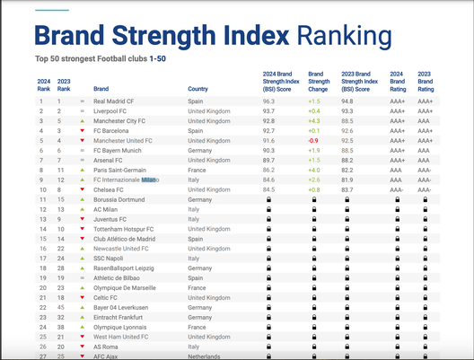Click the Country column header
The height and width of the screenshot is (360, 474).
click(x=197, y=89)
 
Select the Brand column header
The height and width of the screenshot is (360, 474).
click(x=101, y=89)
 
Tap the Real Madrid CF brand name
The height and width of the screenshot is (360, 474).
click(x=115, y=101)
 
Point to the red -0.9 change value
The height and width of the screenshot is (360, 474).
click(x=313, y=141)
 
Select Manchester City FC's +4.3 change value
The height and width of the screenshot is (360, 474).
click(x=313, y=121)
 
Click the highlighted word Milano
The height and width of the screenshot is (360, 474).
click(x=149, y=180)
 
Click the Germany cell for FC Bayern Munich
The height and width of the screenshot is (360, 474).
click(x=200, y=151)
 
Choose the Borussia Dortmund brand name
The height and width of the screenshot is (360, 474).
click(x=119, y=199)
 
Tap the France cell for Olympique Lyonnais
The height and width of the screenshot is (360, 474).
click(x=197, y=327)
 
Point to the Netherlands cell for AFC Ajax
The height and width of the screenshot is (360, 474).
click(x=205, y=356)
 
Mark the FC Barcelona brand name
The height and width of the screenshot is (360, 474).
click(x=112, y=131)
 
